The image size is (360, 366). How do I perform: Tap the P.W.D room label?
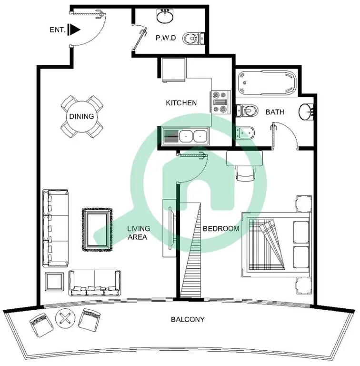tap(166, 38)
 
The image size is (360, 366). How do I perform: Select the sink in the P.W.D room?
tap(165, 16)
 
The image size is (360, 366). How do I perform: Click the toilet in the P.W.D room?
tap(193, 38)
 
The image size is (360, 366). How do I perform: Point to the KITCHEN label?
tap(181, 103)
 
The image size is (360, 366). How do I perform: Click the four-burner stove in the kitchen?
tap(220, 102)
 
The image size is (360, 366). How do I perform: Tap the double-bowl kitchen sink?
tap(185, 136)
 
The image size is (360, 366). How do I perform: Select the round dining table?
tap(81, 116)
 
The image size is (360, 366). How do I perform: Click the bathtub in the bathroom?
tap(267, 83)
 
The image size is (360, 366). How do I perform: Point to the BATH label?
tap(275, 112)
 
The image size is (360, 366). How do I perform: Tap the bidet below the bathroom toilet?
tap(245, 133)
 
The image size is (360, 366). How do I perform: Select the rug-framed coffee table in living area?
tap(97, 229)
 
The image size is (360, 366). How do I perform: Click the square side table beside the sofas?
tap(54, 282)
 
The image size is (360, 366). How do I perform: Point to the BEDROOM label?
tap(221, 229)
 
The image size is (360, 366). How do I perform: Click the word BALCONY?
tap(188, 319)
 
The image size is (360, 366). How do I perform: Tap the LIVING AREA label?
tap(138, 233)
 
